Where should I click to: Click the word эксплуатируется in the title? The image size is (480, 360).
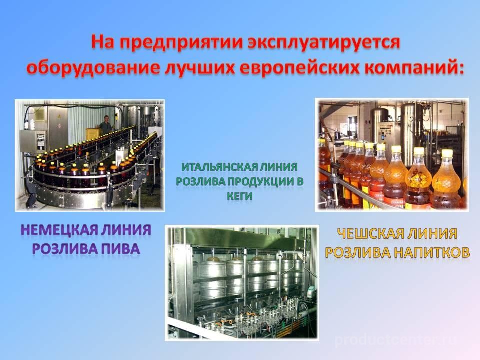pyautogui.click(x=324, y=43)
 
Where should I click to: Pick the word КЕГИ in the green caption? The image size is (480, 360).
pyautogui.click(x=239, y=195)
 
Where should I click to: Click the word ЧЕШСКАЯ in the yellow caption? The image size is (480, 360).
pyautogui.click(x=367, y=234)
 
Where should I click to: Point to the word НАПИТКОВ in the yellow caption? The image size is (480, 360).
pyautogui.click(x=432, y=252)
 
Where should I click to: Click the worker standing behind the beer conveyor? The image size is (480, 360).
pyautogui.click(x=105, y=124)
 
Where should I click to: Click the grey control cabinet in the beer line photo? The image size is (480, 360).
pyautogui.click(x=33, y=141)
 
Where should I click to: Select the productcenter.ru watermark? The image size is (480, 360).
pyautogui.click(x=396, y=340)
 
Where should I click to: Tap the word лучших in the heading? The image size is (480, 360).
pyautogui.click(x=200, y=68)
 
